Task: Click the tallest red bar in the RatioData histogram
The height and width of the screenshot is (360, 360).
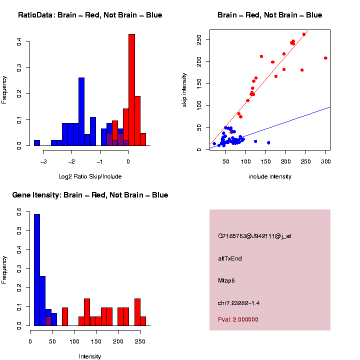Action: (x=131, y=90)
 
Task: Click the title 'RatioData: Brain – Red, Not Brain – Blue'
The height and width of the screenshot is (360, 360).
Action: (x=90, y=15)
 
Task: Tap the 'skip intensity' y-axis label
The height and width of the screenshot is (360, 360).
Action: (x=184, y=89)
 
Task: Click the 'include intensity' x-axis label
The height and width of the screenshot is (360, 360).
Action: (x=270, y=176)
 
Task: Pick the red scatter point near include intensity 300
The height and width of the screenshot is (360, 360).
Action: (x=325, y=58)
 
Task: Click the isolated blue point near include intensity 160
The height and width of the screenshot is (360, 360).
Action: (x=268, y=142)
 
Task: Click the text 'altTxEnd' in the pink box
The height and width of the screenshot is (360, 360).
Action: (x=230, y=258)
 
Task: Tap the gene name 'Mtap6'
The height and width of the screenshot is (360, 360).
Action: (x=226, y=280)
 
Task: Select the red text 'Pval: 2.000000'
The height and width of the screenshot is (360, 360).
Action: (x=238, y=319)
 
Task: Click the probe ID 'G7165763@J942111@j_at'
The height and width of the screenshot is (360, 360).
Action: (x=254, y=236)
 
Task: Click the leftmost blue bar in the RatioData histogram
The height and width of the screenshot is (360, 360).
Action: (x=36, y=142)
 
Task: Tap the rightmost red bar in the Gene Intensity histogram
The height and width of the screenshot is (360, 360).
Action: (x=143, y=320)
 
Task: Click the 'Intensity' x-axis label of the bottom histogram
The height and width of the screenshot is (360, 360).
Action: (x=90, y=356)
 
